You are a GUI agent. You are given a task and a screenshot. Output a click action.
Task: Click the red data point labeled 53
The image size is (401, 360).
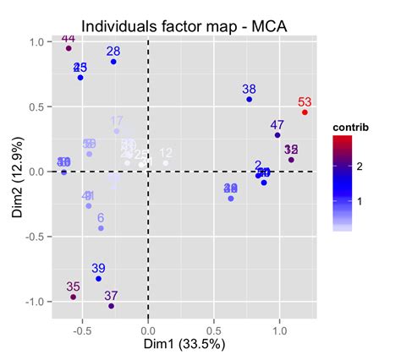(305, 112)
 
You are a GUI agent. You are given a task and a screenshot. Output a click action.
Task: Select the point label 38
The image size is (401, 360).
(249, 89)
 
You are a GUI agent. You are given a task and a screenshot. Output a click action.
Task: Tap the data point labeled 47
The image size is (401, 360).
(277, 135)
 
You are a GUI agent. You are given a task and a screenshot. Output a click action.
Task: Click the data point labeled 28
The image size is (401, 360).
(113, 62)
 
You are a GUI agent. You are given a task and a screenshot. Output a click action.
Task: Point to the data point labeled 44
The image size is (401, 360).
(69, 48)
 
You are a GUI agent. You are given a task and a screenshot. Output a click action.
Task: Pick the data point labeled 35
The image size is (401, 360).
(74, 297)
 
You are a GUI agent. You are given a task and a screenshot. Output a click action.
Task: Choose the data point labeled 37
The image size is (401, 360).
(111, 306)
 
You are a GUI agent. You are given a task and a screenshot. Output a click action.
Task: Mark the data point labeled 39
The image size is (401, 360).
(98, 279)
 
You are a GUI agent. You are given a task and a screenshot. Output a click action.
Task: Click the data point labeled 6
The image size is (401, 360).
(101, 228)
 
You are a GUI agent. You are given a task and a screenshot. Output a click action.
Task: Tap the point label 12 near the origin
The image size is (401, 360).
(166, 153)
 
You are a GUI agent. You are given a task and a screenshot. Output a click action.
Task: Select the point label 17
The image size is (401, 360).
(117, 121)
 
